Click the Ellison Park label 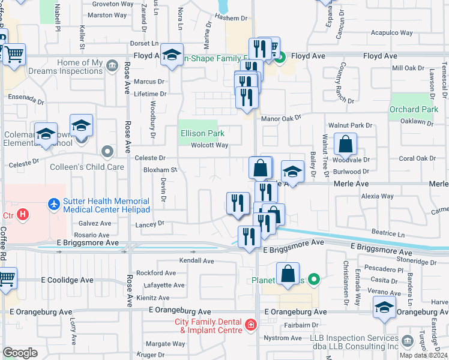tap(203, 133)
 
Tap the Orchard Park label tap(414, 110)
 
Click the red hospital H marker tap(23, 214)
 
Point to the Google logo tap(20, 353)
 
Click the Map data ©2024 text tap(423, 355)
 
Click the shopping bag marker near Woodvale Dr tap(346, 144)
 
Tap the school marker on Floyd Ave tap(172, 56)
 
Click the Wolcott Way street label tap(209, 145)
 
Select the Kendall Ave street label tap(197, 261)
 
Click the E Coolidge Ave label tap(67, 280)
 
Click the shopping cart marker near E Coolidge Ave tap(6, 278)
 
